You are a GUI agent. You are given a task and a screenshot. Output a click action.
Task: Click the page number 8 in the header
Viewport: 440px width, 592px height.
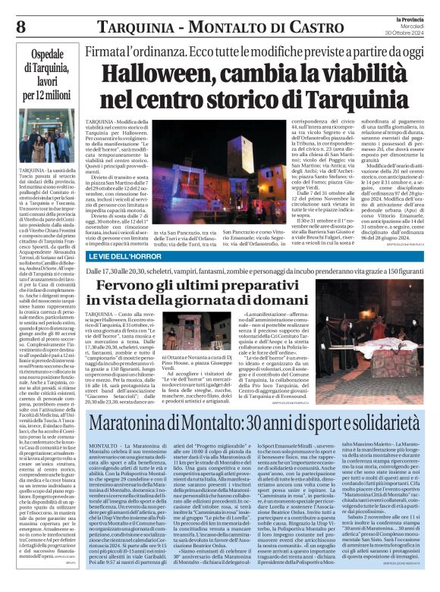[20, 27]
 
